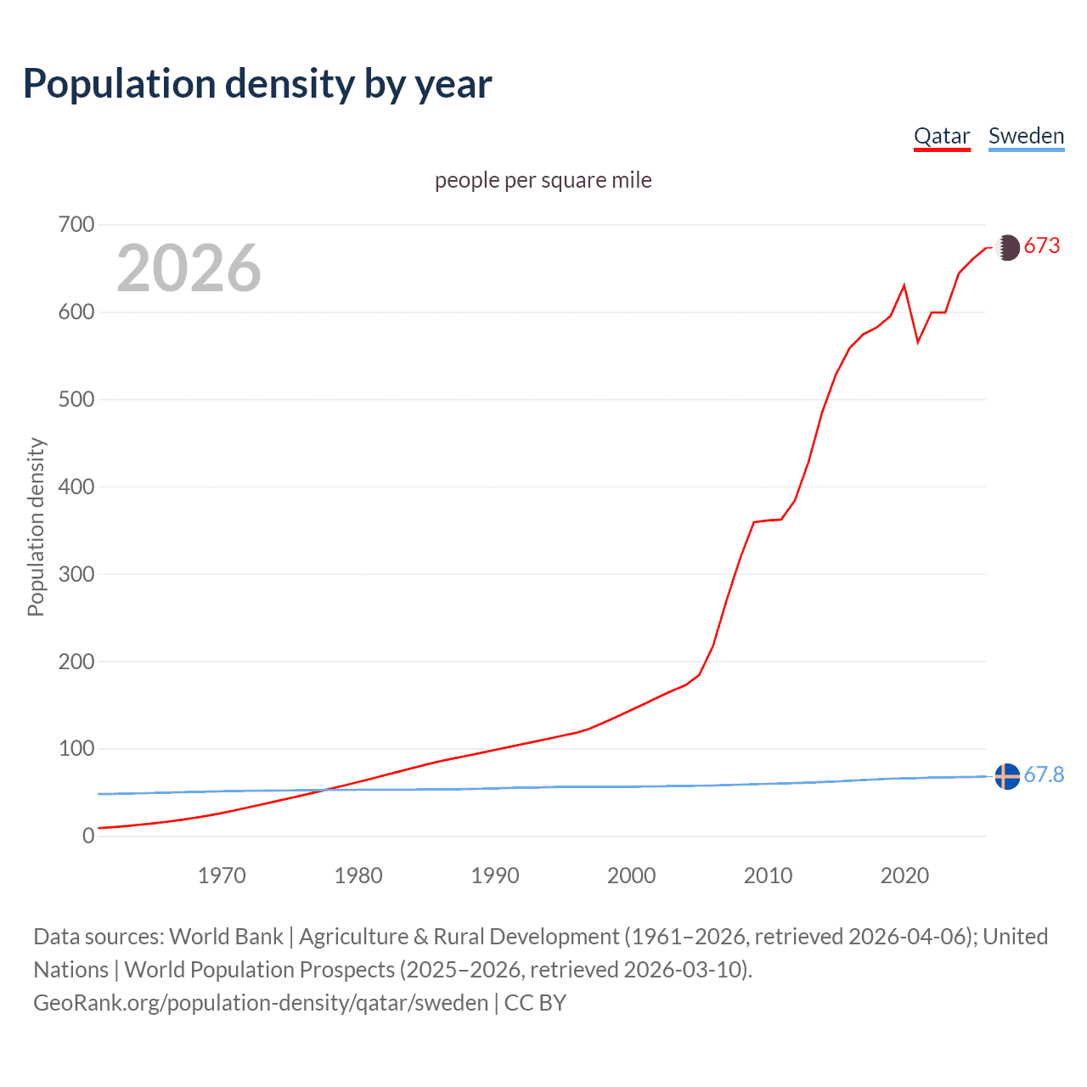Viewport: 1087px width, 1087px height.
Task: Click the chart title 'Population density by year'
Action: pyautogui.click(x=257, y=84)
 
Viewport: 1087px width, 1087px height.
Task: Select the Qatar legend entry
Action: pyautogui.click(x=942, y=136)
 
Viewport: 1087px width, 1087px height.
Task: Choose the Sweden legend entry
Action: pyautogui.click(x=1026, y=136)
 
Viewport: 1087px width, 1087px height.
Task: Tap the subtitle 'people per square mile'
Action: pyautogui.click(x=543, y=180)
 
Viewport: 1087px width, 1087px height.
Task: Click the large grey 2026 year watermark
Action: pyautogui.click(x=189, y=268)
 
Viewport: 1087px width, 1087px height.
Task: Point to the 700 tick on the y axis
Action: pyautogui.click(x=76, y=225)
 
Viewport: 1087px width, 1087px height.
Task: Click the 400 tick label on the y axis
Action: pyautogui.click(x=76, y=487)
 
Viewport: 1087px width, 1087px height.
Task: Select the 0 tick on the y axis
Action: pyautogui.click(x=88, y=836)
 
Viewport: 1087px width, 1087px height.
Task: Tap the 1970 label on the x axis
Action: pyautogui.click(x=222, y=876)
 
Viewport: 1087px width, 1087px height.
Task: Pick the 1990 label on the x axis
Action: pyautogui.click(x=495, y=876)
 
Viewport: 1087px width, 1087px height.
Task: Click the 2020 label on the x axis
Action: pyautogui.click(x=904, y=876)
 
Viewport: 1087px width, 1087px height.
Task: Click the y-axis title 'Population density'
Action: pyautogui.click(x=36, y=527)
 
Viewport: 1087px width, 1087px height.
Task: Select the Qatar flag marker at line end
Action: pyautogui.click(x=1007, y=247)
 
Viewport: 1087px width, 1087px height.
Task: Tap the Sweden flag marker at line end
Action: pyautogui.click(x=1007, y=776)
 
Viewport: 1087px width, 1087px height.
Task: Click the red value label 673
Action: pyautogui.click(x=1042, y=246)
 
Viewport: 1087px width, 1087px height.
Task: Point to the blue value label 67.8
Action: pyautogui.click(x=1044, y=774)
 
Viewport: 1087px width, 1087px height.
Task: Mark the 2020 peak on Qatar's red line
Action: pyautogui.click(x=904, y=285)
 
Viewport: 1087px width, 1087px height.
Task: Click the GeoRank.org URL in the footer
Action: pyautogui.click(x=261, y=1003)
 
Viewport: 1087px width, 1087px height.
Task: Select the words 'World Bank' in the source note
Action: pyautogui.click(x=226, y=937)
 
